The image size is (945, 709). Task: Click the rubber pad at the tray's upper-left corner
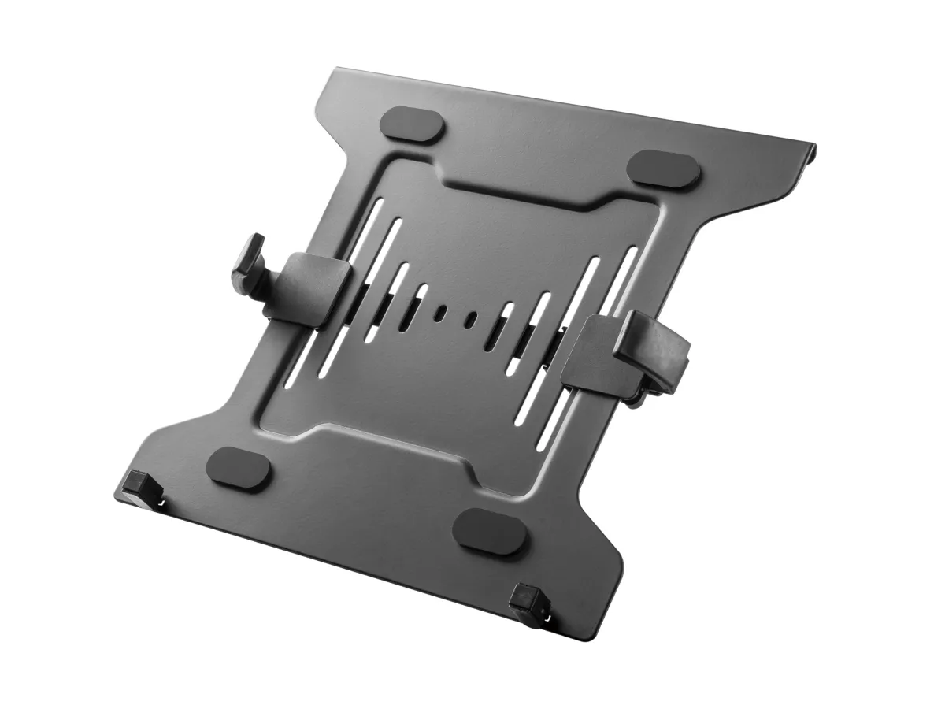413,124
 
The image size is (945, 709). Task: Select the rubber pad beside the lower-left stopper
240,467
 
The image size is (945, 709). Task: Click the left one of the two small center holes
441,312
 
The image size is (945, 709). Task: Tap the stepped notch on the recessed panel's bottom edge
394,434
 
